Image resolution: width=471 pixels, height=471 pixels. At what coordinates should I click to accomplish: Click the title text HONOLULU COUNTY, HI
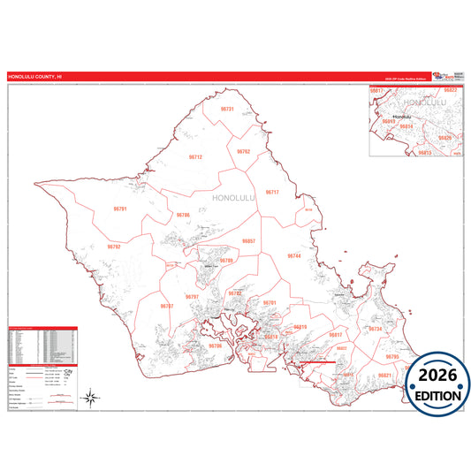click(35, 77)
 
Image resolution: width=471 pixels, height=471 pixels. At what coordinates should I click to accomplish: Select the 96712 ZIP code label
click(195, 156)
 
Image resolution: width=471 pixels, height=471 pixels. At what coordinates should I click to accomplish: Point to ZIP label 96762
click(243, 151)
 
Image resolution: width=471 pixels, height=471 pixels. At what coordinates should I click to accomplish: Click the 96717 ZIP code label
click(272, 192)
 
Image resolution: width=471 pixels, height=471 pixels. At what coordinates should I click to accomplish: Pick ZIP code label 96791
click(121, 209)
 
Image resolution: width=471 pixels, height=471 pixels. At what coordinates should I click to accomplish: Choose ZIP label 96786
click(183, 215)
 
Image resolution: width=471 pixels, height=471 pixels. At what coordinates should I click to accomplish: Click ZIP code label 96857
click(248, 240)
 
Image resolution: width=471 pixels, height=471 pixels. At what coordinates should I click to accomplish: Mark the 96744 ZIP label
click(294, 255)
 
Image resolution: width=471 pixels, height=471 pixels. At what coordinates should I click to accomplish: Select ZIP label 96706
click(216, 346)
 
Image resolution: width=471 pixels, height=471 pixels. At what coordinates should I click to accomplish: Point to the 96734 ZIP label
click(375, 329)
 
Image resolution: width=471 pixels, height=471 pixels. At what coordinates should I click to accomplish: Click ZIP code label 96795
click(392, 356)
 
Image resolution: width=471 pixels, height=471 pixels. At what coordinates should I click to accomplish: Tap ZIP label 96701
click(270, 303)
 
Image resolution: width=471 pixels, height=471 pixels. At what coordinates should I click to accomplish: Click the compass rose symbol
click(91, 398)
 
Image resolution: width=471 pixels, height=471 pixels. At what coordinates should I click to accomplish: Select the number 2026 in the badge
click(438, 374)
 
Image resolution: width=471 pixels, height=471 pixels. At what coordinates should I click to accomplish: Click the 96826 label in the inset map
click(444, 138)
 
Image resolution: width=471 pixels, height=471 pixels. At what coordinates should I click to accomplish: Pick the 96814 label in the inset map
click(406, 126)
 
